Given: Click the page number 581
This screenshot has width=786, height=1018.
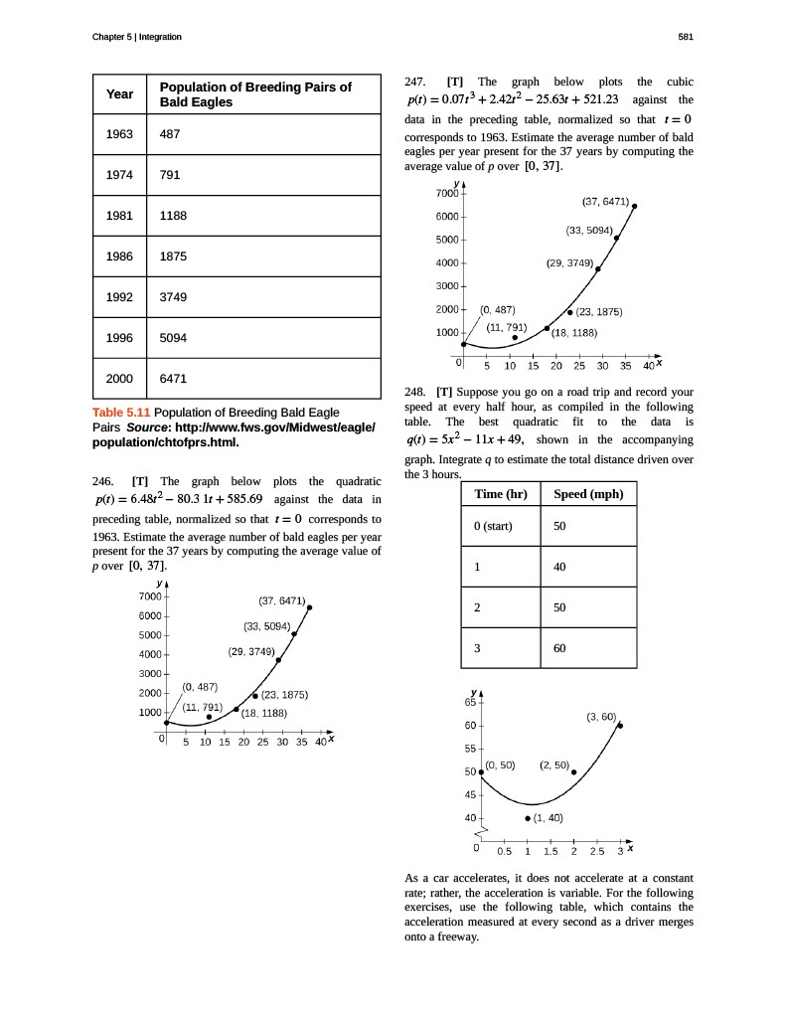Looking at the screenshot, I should click(685, 37).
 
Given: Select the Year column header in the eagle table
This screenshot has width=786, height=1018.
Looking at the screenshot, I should click(119, 94).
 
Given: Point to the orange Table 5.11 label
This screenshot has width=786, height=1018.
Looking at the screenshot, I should click(121, 413).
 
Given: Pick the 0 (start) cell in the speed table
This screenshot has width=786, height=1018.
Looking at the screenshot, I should click(493, 525).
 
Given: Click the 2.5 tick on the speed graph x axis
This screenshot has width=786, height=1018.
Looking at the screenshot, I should click(596, 851).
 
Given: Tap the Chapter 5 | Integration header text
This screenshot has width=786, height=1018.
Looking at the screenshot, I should click(136, 37).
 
